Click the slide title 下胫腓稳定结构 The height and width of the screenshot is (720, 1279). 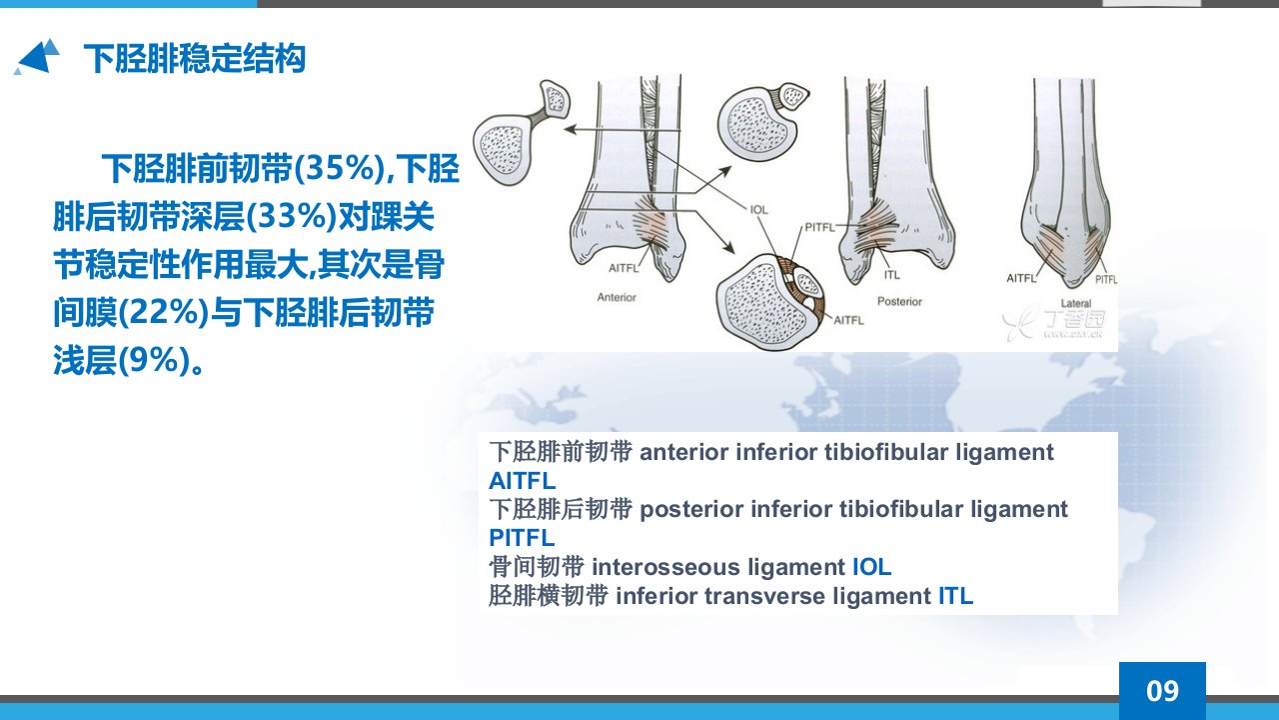[x=195, y=58]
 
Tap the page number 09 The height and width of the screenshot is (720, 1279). [x=1162, y=691]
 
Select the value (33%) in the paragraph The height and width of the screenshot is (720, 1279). [x=291, y=216]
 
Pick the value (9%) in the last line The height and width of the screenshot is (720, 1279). [x=154, y=360]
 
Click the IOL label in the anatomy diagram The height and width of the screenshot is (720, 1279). [x=758, y=210]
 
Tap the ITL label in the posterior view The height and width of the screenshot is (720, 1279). [x=892, y=275]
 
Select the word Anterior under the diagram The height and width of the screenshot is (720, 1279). [x=617, y=297]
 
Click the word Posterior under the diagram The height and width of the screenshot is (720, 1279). [x=900, y=301]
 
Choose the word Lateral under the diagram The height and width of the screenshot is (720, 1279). [x=1076, y=303]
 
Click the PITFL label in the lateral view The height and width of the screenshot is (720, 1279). [x=1106, y=279]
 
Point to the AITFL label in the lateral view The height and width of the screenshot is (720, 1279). [x=1021, y=278]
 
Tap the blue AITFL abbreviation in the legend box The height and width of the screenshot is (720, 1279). [x=522, y=481]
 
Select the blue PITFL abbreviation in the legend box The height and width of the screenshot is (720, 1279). [x=522, y=538]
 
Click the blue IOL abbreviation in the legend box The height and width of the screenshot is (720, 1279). [x=872, y=567]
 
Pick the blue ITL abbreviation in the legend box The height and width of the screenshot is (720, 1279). [x=956, y=596]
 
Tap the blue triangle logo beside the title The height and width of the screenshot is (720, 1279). [x=37, y=57]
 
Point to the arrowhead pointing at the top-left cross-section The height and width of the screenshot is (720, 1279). [x=570, y=129]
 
